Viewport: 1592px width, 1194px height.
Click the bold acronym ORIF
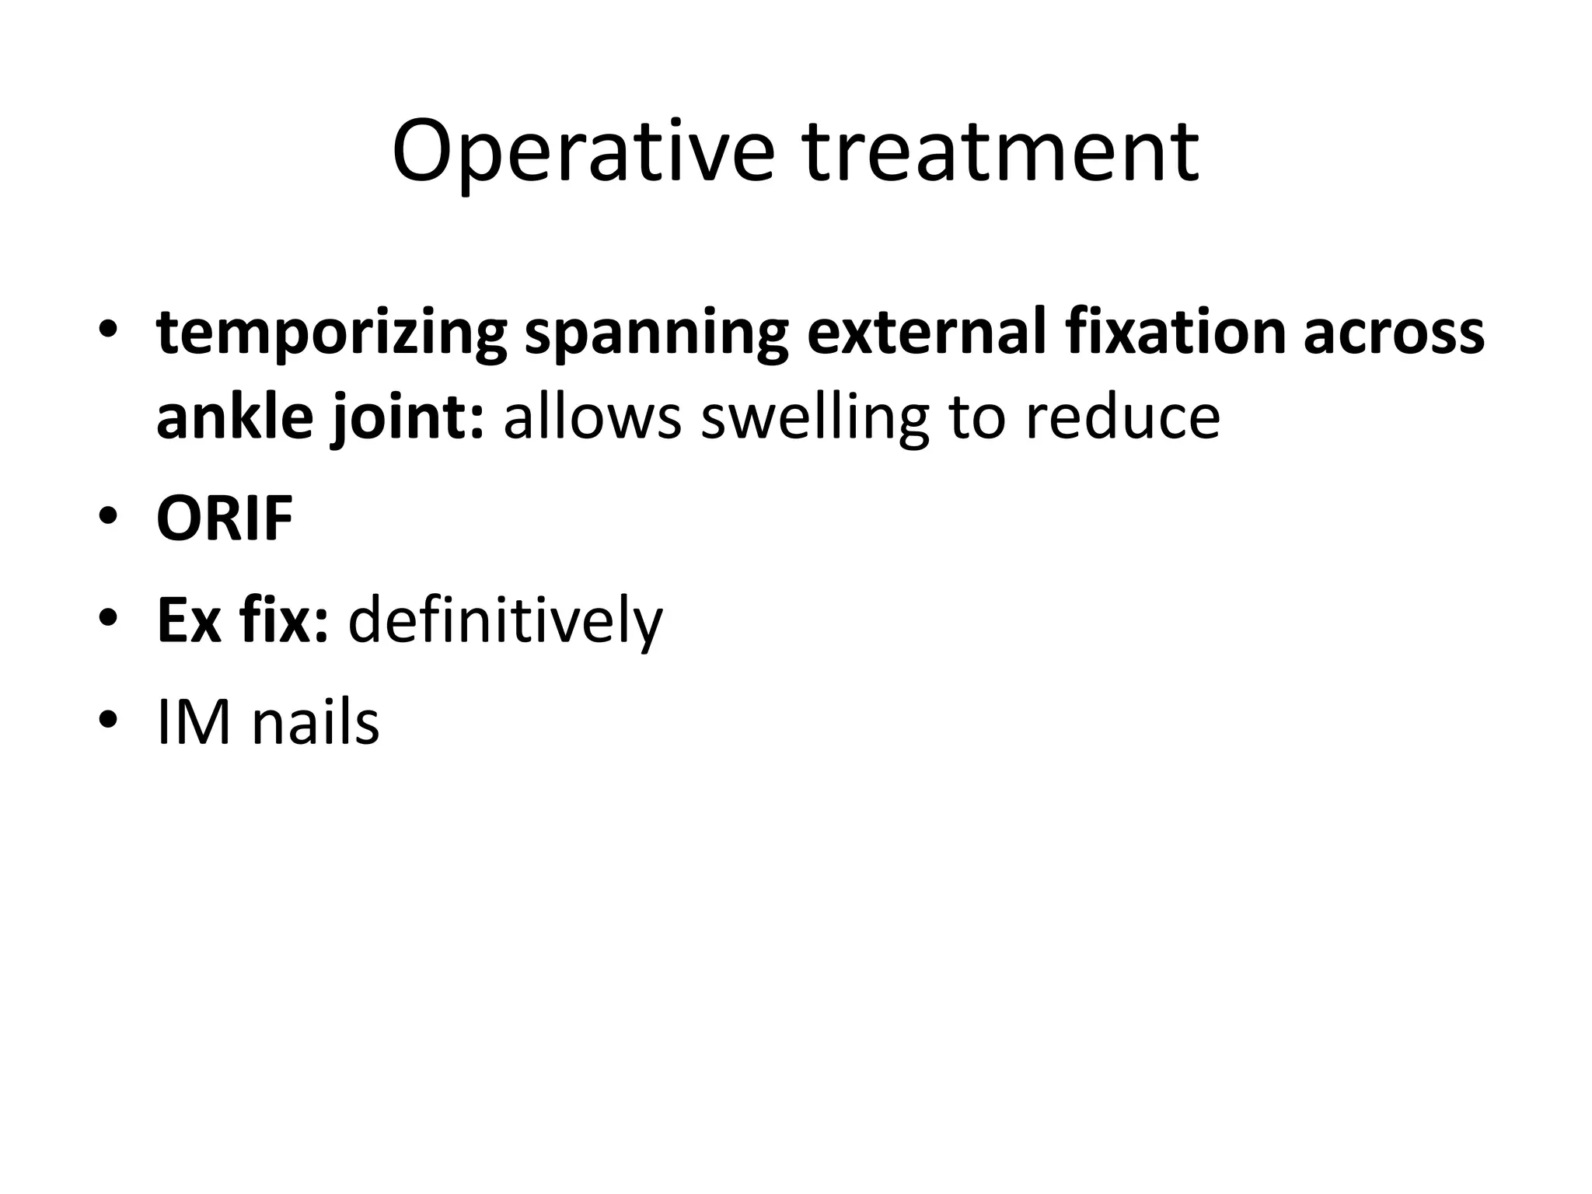pyautogui.click(x=225, y=518)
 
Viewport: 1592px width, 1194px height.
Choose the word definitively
pyautogui.click(x=505, y=622)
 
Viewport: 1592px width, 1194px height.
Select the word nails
pyautogui.click(x=315, y=723)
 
